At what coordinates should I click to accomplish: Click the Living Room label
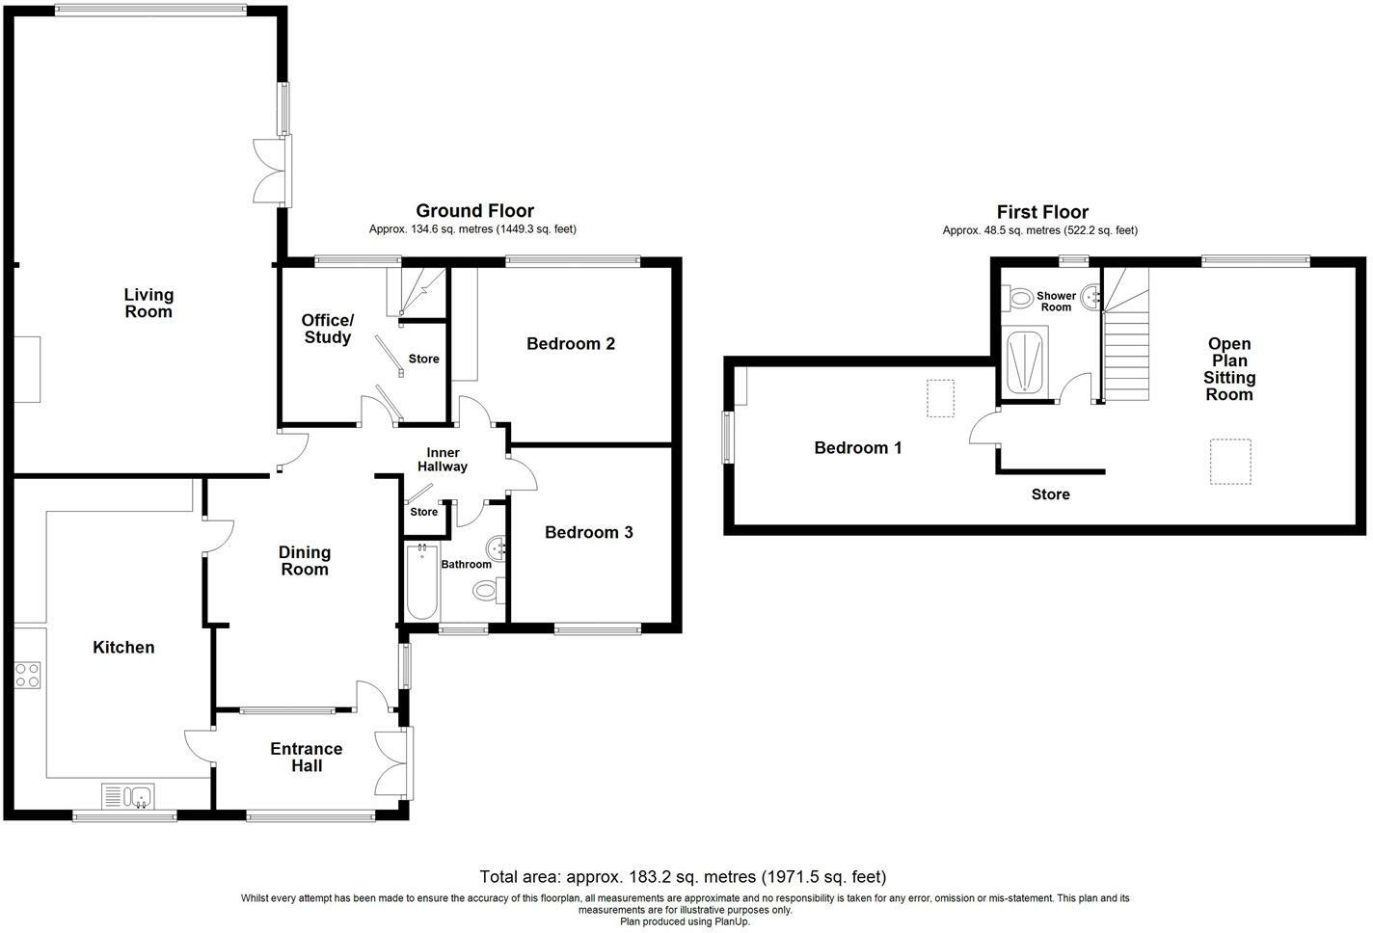point(148,304)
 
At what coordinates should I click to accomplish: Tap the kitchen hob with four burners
point(28,675)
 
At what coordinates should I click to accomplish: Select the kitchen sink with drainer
point(128,796)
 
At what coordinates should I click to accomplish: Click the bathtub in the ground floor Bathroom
point(421,581)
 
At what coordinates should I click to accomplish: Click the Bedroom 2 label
point(571,344)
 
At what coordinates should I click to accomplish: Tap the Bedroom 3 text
point(588,532)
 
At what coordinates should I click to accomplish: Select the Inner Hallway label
point(443,460)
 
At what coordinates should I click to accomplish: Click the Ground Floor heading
point(475,211)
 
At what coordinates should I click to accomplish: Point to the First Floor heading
point(1042,212)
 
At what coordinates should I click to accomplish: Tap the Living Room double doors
point(272,172)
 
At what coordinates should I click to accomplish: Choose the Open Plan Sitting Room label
point(1229,369)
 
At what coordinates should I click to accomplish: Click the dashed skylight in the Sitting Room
point(1230,462)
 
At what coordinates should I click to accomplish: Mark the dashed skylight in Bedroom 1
point(940,398)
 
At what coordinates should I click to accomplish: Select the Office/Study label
point(327,329)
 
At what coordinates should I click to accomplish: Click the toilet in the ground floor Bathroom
point(487,590)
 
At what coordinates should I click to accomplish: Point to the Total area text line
point(683,877)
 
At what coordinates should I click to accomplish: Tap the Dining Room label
point(305,561)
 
